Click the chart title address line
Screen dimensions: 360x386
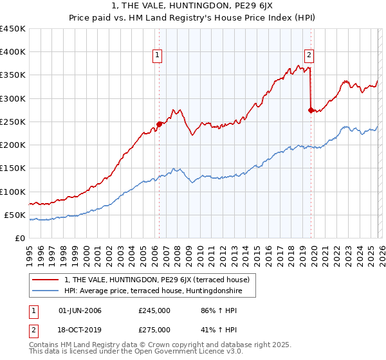(193, 6)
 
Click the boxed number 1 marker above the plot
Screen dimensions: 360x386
(158, 56)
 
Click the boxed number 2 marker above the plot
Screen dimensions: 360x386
(309, 56)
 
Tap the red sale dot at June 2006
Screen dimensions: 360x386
(159, 124)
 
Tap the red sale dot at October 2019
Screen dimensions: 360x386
(311, 111)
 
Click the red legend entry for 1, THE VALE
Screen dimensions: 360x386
(160, 280)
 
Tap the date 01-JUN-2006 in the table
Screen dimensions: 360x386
(80, 310)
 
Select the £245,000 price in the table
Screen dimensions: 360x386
(154, 310)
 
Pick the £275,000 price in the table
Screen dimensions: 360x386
(154, 330)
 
